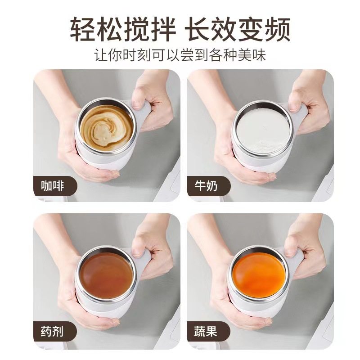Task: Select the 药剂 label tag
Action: pos(53,332)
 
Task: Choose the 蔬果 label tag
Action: pos(207,332)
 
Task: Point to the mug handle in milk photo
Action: pos(297,111)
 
